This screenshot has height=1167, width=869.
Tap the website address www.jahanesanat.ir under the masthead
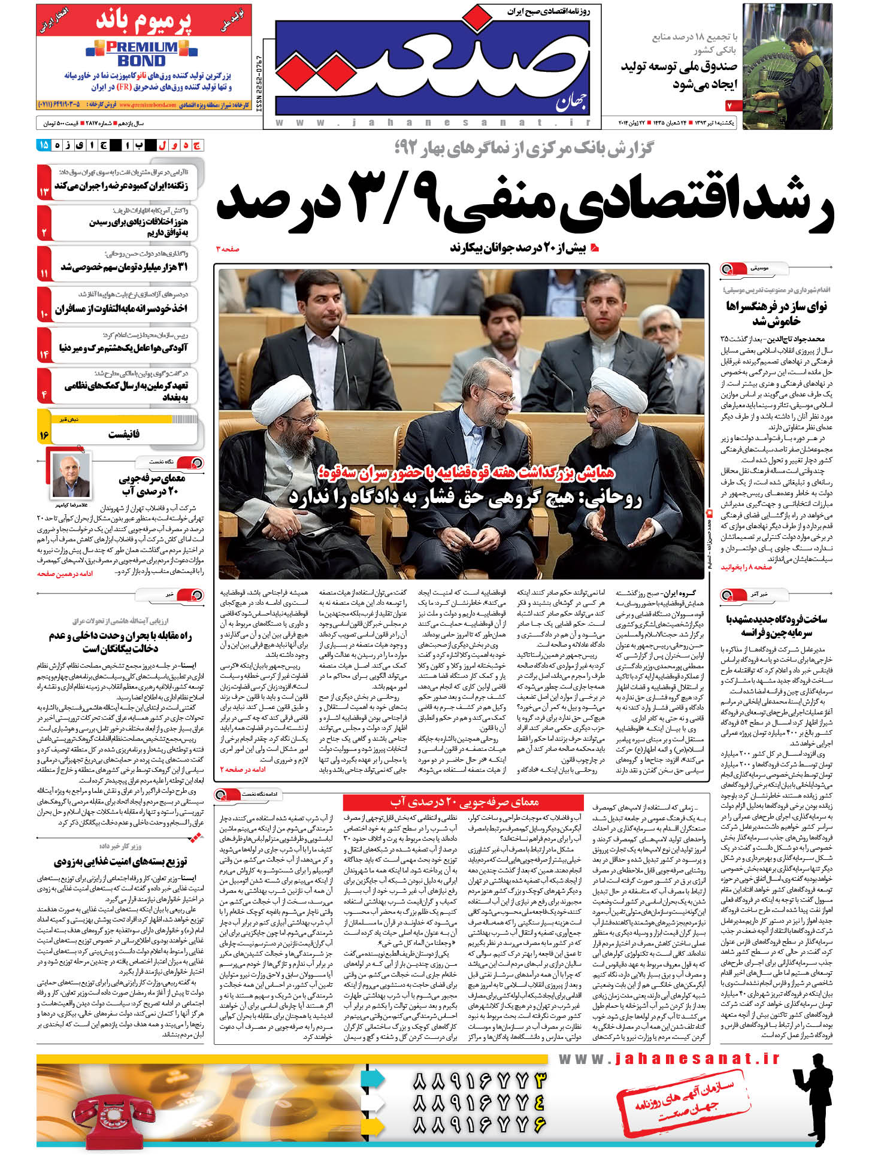[x=432, y=122]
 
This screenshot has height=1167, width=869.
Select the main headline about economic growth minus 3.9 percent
[x=524, y=205]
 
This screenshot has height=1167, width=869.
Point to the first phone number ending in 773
[x=479, y=1081]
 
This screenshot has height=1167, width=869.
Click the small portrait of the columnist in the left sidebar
[x=71, y=475]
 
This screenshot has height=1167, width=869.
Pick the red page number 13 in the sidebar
[x=44, y=192]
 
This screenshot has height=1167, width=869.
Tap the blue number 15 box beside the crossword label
[x=43, y=145]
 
